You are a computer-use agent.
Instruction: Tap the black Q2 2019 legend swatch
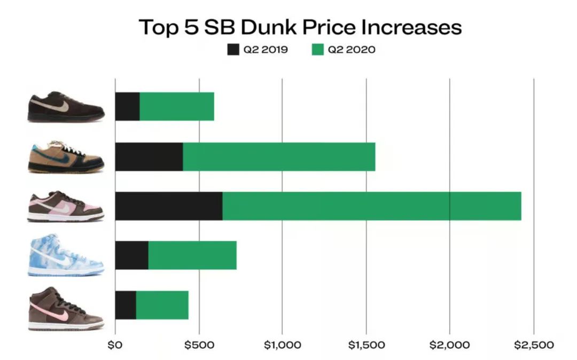click(x=233, y=50)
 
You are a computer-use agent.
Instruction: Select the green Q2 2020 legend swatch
click(x=317, y=50)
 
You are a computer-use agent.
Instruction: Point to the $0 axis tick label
click(x=115, y=345)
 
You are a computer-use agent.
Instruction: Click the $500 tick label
click(x=199, y=345)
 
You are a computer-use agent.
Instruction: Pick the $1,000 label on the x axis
click(x=283, y=345)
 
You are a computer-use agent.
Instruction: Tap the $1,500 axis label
click(x=366, y=345)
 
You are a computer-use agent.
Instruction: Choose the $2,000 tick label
click(x=450, y=345)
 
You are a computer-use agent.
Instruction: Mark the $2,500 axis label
click(x=533, y=345)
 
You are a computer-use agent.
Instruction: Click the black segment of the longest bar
click(x=169, y=206)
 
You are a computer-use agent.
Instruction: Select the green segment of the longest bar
click(x=371, y=206)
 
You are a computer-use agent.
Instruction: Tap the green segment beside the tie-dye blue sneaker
click(x=192, y=255)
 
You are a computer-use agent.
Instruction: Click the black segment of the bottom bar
click(x=126, y=305)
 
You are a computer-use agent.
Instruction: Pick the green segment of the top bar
click(x=177, y=107)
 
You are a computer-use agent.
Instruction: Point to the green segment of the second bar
click(x=279, y=156)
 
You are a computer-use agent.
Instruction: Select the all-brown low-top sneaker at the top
click(x=65, y=107)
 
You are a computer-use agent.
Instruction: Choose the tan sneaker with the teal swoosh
click(x=65, y=156)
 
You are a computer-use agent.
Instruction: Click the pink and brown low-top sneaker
click(x=65, y=206)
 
